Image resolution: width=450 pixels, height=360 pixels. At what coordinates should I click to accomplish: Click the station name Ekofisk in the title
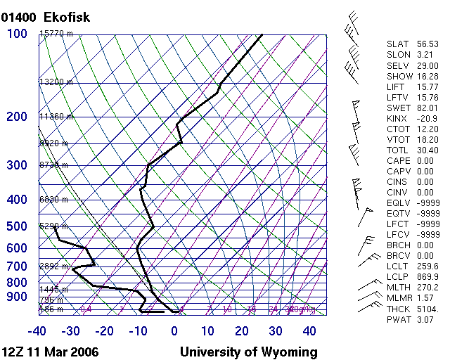pyautogui.click(x=67, y=17)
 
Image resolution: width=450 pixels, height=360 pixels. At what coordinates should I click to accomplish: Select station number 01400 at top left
pyautogui.click(x=19, y=17)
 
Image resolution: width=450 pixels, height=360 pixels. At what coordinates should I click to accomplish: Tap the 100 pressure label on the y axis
pyautogui.click(x=17, y=34)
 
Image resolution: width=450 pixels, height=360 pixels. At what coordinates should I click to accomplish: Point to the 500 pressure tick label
pyautogui.click(x=17, y=226)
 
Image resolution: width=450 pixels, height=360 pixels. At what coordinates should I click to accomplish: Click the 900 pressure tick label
pyautogui.click(x=17, y=297)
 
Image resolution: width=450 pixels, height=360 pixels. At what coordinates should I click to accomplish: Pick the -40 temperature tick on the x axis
pyautogui.click(x=37, y=331)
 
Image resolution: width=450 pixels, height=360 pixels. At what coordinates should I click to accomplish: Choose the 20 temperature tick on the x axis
pyautogui.click(x=242, y=331)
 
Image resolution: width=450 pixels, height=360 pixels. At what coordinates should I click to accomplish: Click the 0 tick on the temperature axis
pyautogui.click(x=174, y=331)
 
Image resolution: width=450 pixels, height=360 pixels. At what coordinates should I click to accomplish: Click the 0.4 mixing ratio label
pyautogui.click(x=86, y=309)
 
